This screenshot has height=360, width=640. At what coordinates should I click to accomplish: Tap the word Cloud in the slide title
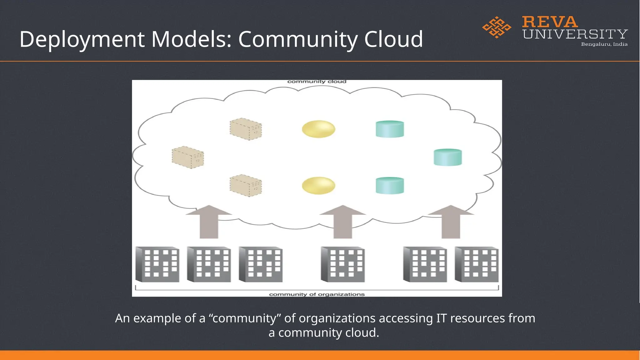coord(393,39)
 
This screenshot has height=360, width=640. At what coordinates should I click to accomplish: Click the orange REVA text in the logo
coord(550,22)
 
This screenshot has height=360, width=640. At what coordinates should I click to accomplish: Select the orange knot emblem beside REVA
coord(497,27)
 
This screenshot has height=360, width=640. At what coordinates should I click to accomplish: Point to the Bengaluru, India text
coord(604,44)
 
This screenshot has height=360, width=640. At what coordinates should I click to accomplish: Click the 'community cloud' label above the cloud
coord(317,82)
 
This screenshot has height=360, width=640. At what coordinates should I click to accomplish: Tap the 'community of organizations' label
coord(317,294)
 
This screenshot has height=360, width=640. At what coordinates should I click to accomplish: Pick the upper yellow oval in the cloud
coord(318,129)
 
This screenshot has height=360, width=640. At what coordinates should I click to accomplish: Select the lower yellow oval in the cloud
coord(318,186)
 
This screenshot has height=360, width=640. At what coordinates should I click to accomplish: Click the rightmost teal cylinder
coord(447,157)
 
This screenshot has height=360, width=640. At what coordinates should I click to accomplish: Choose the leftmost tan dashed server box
coord(187,157)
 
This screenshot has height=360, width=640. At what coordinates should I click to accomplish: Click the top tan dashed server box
coord(246,129)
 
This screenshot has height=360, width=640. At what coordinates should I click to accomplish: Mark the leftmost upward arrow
coord(209,222)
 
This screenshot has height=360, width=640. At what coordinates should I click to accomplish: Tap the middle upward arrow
coord(342,222)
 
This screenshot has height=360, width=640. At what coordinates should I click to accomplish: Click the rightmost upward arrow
coord(451,222)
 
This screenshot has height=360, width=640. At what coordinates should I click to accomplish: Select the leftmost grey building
coord(157,264)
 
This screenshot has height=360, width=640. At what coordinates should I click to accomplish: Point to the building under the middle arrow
coord(343,264)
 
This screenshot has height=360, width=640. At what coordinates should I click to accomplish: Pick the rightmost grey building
coord(477,264)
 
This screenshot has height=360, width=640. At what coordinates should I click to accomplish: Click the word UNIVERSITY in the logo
coord(575,34)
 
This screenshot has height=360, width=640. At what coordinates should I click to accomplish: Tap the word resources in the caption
coord(477,318)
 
